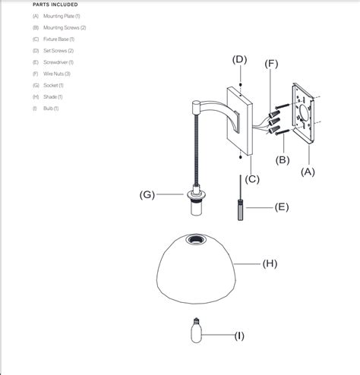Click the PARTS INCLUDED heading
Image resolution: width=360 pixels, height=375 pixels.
point(55,5)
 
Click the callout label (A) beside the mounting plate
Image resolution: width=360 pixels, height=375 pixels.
point(308,172)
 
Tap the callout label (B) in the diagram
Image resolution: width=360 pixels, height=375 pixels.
point(282,159)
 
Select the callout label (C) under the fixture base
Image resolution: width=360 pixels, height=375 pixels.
point(251,179)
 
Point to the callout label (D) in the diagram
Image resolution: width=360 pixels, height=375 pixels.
point(239,59)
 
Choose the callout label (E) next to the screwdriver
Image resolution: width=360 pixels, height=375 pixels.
point(282,206)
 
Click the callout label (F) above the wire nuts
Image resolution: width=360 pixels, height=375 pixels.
point(272,65)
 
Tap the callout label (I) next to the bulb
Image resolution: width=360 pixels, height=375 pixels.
point(238,335)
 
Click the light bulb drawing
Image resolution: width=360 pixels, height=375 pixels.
point(194,332)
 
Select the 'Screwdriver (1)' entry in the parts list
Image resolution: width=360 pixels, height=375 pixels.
point(58,61)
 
